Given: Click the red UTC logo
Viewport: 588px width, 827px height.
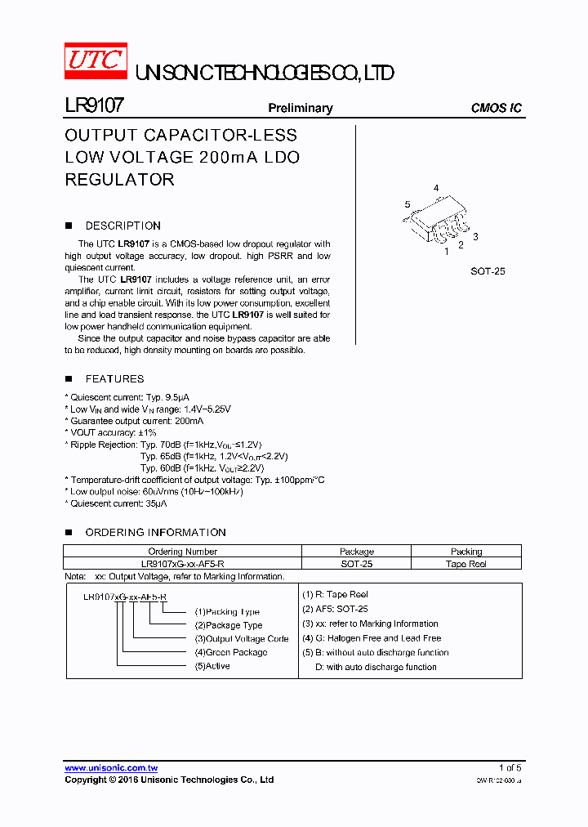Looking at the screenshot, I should pyautogui.click(x=95, y=60).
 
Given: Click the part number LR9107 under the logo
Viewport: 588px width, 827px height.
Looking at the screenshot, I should pyautogui.click(x=94, y=106).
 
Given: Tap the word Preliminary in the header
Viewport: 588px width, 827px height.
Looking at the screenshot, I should pyautogui.click(x=301, y=108).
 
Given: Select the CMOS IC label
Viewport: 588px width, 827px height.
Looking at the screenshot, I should pyautogui.click(x=496, y=108).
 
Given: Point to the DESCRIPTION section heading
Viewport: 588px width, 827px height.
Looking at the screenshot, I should pyautogui.click(x=122, y=226).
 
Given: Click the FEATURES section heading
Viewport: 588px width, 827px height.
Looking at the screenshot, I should pyautogui.click(x=114, y=378).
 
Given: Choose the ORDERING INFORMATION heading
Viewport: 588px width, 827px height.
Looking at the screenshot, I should pyautogui.click(x=155, y=532).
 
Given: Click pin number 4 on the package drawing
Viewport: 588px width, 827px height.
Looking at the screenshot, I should pyautogui.click(x=436, y=188).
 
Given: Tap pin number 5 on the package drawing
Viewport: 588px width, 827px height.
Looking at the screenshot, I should pyautogui.click(x=407, y=204).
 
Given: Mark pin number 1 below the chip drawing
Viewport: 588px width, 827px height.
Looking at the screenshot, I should pyautogui.click(x=446, y=252).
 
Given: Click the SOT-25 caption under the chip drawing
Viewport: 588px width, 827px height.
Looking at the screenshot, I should pyautogui.click(x=488, y=270).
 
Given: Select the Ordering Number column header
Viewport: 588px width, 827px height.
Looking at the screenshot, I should pyautogui.click(x=182, y=552).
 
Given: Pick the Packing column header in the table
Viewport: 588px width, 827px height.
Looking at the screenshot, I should pyautogui.click(x=466, y=552).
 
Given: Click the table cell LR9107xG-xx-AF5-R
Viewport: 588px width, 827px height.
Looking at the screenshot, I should pyautogui.click(x=182, y=564).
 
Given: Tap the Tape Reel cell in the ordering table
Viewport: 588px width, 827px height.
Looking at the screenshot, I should pyautogui.click(x=466, y=564).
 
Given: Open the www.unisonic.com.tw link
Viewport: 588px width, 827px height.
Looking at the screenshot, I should pyautogui.click(x=111, y=767).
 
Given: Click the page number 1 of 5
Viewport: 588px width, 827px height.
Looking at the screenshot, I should pyautogui.click(x=510, y=767).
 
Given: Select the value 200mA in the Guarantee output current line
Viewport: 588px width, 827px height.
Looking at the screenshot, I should pyautogui.click(x=189, y=420).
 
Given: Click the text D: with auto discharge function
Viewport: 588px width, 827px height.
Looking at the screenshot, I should pyautogui.click(x=376, y=667).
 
